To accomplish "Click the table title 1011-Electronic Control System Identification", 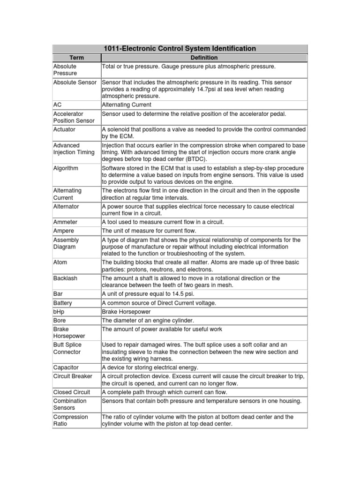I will pos(180,48).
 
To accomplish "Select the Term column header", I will pos(76,58).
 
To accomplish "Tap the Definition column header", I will pos(204,58).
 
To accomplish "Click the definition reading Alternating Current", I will pos(127,105).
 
